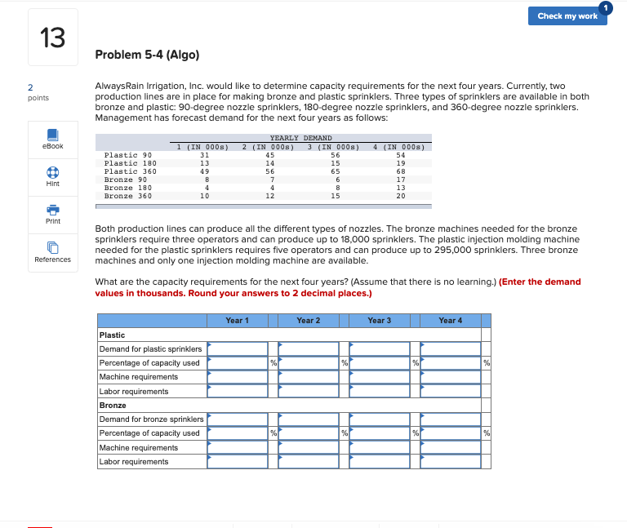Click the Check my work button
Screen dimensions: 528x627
567,16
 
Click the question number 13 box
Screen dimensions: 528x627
53,38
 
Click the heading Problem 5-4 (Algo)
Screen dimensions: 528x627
147,55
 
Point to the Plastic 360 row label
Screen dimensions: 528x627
131,171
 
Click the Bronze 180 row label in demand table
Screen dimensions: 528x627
128,188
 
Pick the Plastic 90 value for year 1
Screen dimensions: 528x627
204,155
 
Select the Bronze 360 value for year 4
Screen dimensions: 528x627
400,196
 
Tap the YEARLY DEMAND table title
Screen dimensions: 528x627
300,138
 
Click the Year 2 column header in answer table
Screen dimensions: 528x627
308,321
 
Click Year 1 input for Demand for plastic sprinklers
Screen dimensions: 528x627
238,349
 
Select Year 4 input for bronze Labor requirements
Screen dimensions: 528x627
451,462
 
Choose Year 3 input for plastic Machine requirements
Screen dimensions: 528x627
380,377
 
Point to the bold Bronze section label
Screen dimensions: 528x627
113,406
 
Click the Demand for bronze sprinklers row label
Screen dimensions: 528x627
151,419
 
